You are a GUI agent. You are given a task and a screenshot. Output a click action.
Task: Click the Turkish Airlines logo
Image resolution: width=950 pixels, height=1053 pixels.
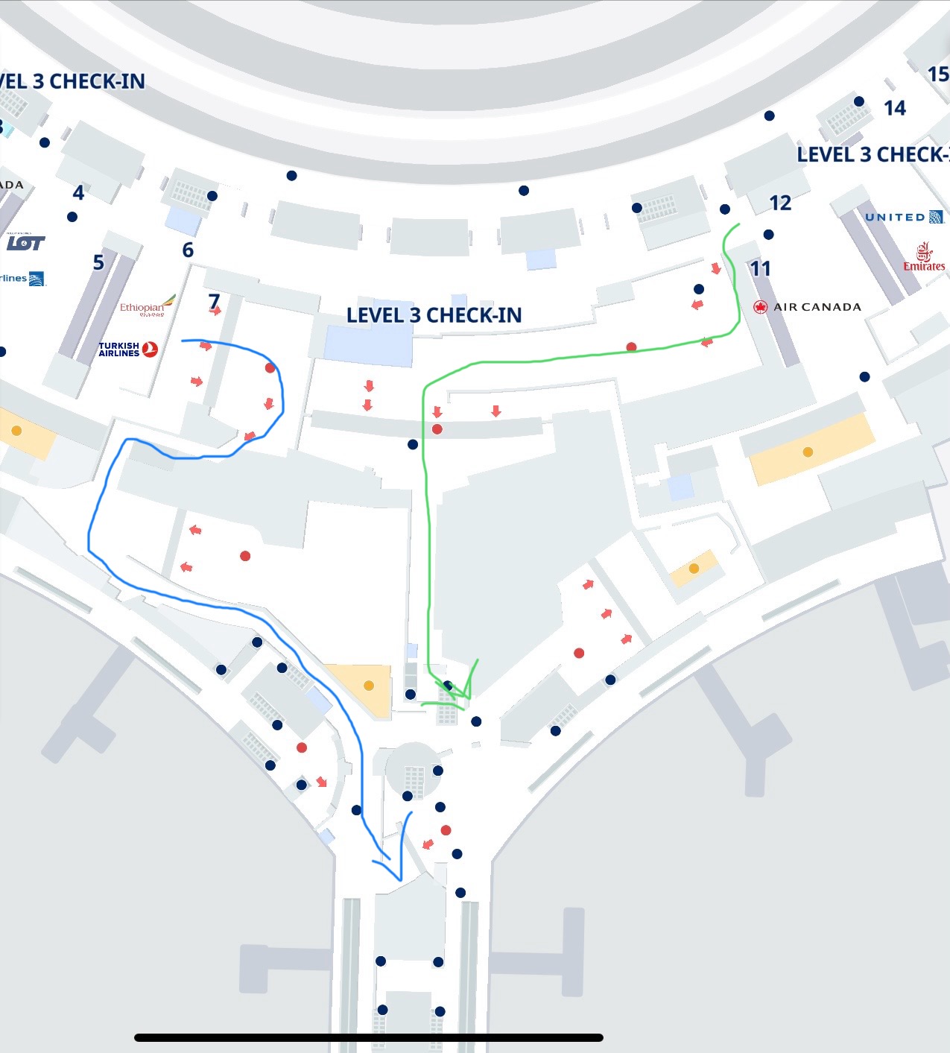pos(128,349)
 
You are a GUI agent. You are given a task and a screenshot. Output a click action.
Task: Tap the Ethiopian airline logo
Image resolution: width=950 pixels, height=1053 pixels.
pos(148,306)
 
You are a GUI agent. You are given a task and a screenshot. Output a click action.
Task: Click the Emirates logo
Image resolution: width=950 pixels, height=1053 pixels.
pos(924,257)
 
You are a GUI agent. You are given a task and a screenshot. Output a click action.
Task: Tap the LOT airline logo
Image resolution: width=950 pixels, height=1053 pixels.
pos(26,242)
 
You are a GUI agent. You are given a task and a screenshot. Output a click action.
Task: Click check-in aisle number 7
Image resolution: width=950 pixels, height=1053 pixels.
pos(214,301)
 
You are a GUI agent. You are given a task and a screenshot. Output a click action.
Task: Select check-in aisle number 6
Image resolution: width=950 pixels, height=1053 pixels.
pos(188,250)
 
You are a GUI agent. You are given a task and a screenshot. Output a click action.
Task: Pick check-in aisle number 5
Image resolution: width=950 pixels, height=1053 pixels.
pos(98,262)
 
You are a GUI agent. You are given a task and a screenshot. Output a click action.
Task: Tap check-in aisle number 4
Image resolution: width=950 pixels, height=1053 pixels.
pos(78,193)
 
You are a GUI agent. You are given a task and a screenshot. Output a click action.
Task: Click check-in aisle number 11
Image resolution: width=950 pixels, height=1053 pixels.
pos(760,268)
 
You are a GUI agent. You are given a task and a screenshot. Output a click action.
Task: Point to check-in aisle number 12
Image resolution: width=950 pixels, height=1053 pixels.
pos(780,203)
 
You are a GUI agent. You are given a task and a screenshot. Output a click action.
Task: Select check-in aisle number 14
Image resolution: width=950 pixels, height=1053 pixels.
pos(894,108)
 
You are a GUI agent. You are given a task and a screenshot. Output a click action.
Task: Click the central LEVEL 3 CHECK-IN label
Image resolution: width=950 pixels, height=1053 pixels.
pos(434,315)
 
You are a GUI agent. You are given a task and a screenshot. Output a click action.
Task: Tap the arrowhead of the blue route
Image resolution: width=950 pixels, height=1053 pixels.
pos(399,876)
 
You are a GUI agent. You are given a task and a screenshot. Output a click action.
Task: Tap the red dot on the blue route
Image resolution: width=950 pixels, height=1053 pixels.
pos(270,368)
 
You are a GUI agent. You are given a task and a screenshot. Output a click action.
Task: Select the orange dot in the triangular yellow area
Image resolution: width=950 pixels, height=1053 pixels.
pos(368,686)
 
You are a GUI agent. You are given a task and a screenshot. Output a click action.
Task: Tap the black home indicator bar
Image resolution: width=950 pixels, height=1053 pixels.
pos(368,1037)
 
